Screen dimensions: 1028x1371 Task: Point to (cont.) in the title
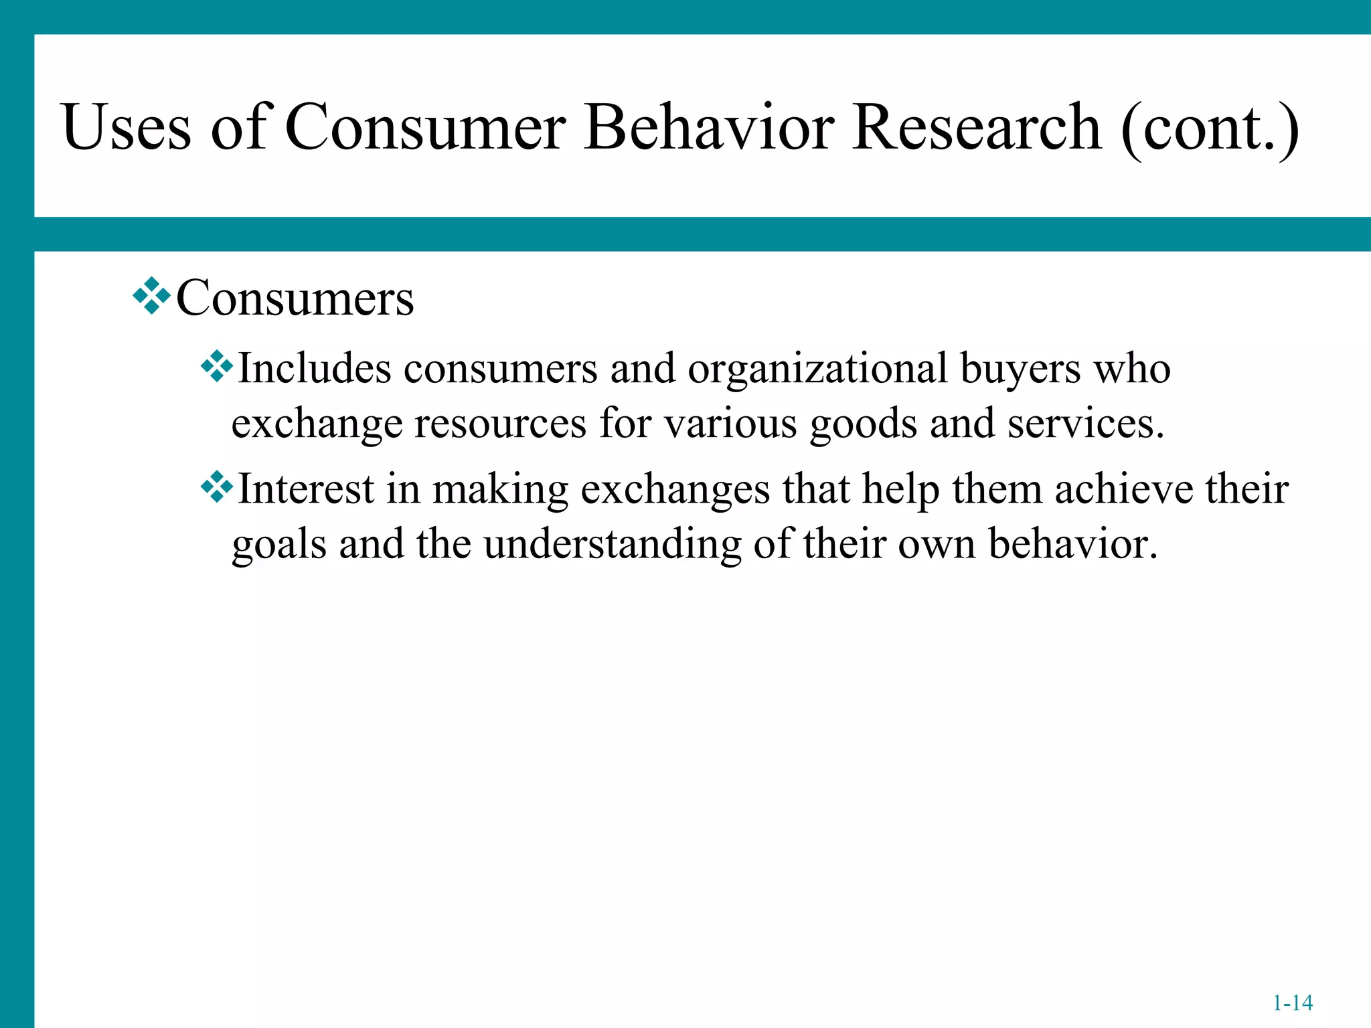1210,128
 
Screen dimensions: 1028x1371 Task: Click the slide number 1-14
1292,1003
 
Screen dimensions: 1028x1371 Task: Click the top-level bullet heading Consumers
295,298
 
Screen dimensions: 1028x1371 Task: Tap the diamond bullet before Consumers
152,295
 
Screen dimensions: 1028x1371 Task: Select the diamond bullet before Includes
217,367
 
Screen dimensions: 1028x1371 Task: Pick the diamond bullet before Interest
217,487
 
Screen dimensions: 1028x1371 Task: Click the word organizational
817,369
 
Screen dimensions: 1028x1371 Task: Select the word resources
500,424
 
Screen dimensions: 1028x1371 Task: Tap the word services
1086,424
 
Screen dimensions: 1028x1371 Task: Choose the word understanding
613,544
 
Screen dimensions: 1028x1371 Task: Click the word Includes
315,369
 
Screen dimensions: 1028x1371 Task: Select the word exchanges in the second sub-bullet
675,491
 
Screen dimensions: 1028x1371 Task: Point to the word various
730,424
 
